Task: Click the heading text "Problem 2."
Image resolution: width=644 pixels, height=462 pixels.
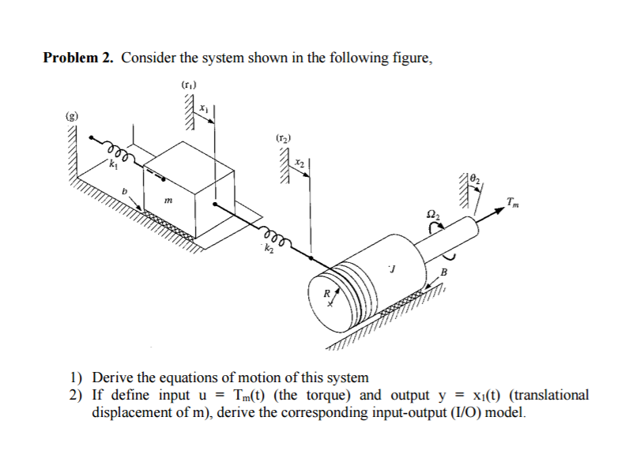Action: click(x=79, y=58)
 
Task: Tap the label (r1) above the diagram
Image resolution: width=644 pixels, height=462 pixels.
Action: click(x=188, y=85)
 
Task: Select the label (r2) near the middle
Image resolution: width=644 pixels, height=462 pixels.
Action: click(x=283, y=138)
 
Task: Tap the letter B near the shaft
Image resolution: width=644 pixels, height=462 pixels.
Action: click(x=443, y=272)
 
